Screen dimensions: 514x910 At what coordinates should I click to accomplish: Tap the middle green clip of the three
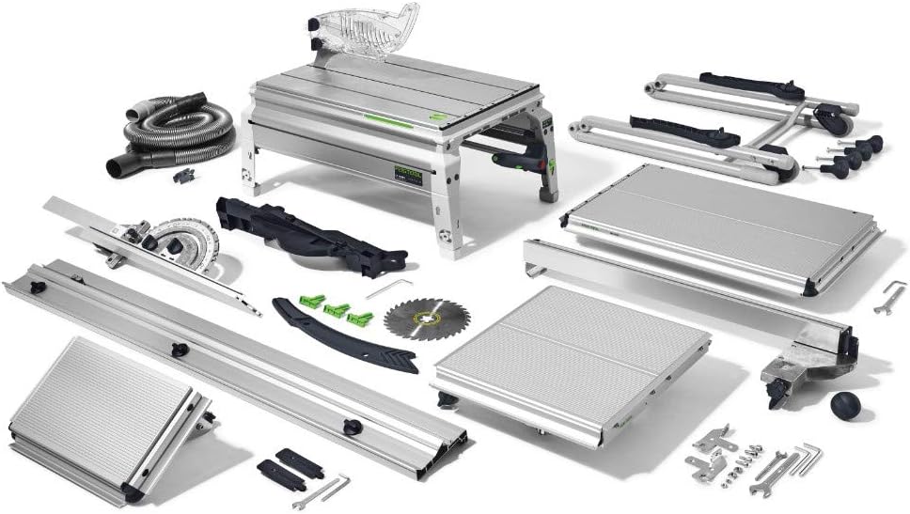(x=336, y=309)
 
